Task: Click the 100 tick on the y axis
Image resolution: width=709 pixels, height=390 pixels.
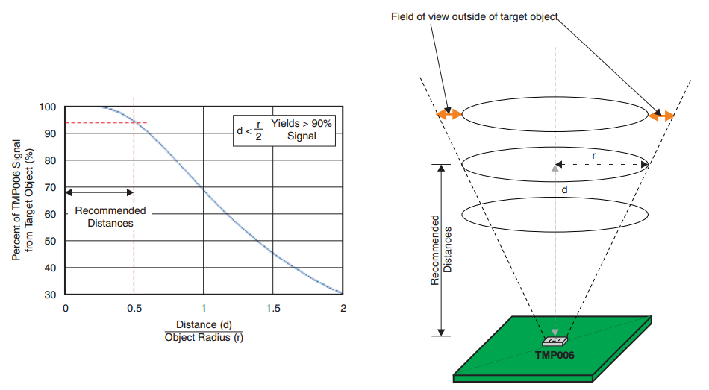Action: pyautogui.click(x=49, y=107)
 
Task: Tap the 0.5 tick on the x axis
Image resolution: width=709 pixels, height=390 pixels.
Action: pyautogui.click(x=134, y=308)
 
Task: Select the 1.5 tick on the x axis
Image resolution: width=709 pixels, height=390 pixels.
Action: pyautogui.click(x=273, y=308)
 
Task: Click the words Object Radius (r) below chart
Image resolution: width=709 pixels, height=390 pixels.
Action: pyautogui.click(x=204, y=337)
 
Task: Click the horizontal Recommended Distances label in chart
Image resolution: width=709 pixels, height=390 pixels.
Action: pyautogui.click(x=110, y=216)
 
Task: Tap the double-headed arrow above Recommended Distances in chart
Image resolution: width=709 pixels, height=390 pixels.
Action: pyautogui.click(x=99, y=192)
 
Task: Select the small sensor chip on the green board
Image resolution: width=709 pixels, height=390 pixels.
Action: pyautogui.click(x=554, y=341)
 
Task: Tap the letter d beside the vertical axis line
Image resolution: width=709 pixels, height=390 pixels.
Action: pyautogui.click(x=564, y=190)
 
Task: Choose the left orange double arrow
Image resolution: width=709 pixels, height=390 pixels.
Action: pyautogui.click(x=449, y=114)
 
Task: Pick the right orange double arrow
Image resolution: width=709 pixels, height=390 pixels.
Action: pyautogui.click(x=661, y=116)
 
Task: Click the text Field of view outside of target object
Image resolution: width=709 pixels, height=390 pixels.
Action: pyautogui.click(x=475, y=16)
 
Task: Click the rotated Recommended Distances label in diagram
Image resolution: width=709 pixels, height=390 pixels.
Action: pyautogui.click(x=441, y=251)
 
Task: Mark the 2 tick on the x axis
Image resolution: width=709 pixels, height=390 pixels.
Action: pyautogui.click(x=343, y=308)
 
